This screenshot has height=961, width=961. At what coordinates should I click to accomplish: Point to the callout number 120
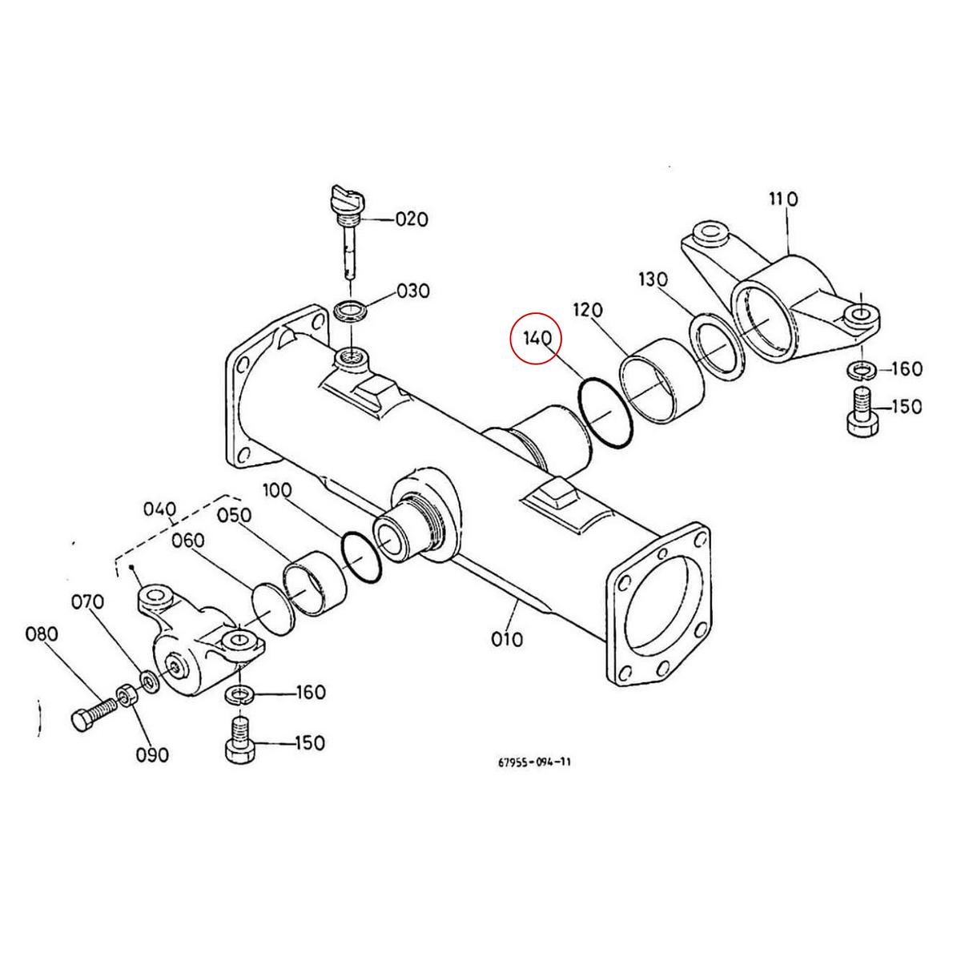point(588,310)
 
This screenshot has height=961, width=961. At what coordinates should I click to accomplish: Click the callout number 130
point(653,279)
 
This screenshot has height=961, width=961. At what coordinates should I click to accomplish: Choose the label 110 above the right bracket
point(782,199)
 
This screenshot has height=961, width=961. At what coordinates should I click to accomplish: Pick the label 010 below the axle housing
point(507,639)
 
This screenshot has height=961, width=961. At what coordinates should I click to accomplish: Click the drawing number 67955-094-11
point(534,762)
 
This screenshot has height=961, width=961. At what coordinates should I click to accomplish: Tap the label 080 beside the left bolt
point(42,634)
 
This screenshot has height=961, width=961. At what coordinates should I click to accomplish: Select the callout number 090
point(152,754)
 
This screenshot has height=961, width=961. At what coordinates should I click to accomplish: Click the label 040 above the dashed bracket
point(159,509)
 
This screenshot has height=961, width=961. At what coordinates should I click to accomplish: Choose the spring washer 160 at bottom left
point(240,693)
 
